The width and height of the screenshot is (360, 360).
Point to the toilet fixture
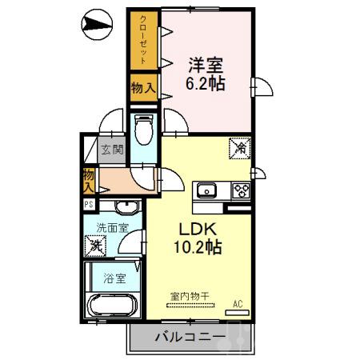(143, 129)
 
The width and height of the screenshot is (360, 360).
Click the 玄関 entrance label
(111, 149)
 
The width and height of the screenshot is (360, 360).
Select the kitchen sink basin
(207, 190)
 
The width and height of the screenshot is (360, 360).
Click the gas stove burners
(241, 190)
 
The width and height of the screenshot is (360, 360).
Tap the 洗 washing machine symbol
(96, 246)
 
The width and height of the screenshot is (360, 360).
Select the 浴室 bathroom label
(114, 278)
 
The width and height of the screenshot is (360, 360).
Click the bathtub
(111, 307)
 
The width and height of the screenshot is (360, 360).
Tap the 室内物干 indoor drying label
(189, 297)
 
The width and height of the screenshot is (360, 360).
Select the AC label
(237, 302)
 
